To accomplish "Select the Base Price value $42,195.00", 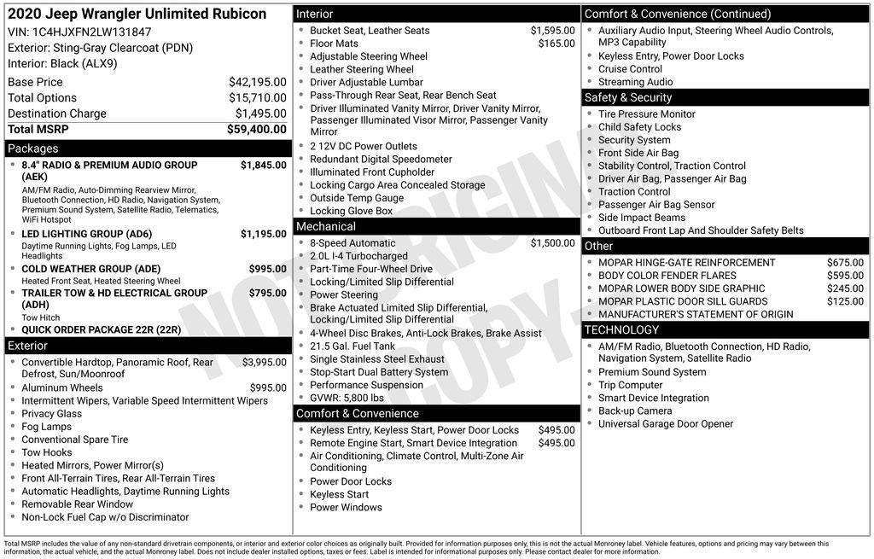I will [257, 82].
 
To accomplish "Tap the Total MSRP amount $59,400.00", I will [256, 130].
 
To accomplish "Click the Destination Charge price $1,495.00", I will [260, 114].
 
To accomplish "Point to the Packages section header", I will [33, 148].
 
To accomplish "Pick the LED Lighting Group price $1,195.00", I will [263, 234].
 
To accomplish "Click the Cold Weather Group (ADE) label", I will [90, 269].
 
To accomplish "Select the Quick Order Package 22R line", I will [101, 329].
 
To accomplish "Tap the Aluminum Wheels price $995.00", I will [268, 387].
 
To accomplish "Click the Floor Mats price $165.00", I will [556, 44].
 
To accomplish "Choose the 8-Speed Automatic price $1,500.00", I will [552, 243].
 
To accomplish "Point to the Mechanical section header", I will [325, 226].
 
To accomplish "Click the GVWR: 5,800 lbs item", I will [347, 398].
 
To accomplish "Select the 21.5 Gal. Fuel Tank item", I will [353, 346].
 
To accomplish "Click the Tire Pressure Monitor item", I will [646, 114].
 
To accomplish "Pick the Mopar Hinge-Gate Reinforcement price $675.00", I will [845, 263].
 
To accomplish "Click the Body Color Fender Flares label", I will [667, 276].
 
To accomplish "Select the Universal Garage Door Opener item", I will [665, 424].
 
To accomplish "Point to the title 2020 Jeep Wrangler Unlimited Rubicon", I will [137, 14].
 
